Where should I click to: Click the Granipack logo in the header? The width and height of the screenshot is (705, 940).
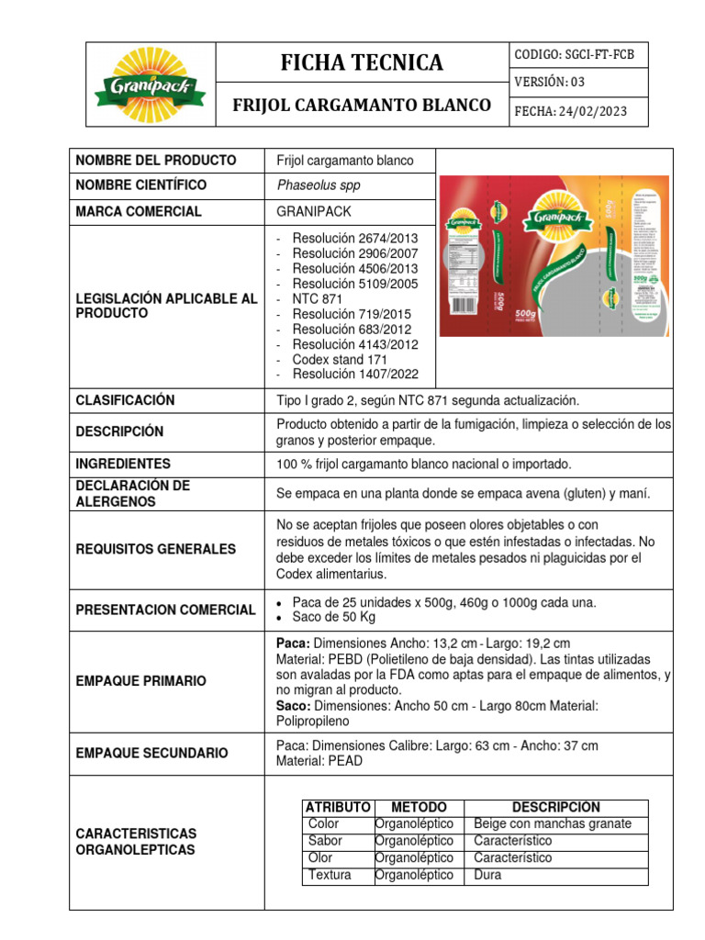(150, 83)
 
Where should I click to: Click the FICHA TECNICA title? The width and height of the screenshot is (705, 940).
(361, 62)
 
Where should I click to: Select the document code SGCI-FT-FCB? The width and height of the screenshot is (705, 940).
(575, 55)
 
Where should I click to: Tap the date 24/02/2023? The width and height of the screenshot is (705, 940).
(570, 111)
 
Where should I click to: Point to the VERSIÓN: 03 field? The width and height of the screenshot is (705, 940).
(549, 83)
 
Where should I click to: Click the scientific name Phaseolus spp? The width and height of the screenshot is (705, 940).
(319, 185)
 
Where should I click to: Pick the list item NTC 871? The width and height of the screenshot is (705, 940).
(319, 299)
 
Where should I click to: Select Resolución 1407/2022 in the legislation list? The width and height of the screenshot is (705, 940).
(354, 375)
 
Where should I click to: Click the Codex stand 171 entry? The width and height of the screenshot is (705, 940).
(340, 360)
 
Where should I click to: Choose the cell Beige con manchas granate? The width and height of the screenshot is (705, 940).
(553, 823)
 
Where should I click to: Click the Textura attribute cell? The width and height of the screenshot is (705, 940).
(330, 875)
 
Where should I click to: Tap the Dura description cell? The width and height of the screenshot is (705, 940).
(487, 875)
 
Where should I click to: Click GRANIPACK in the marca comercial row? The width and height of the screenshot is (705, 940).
(314, 211)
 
